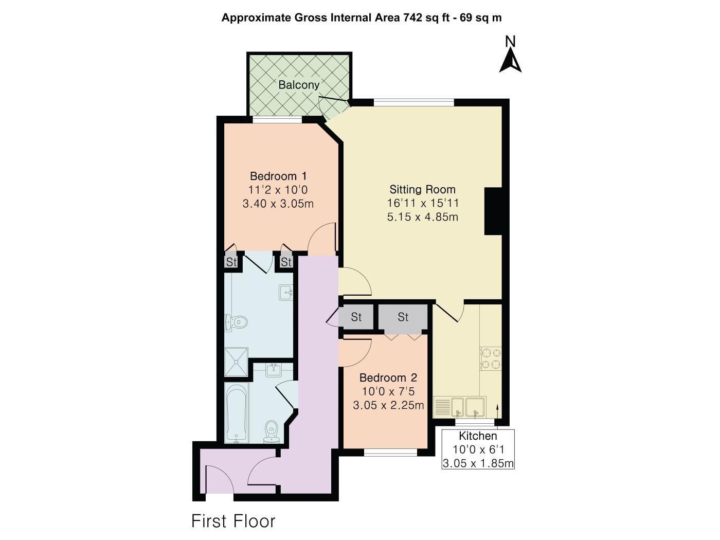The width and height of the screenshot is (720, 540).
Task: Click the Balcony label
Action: point(299,85)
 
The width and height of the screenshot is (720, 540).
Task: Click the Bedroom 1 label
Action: point(278,176)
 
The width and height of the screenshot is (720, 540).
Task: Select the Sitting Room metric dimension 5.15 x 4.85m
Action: point(423,217)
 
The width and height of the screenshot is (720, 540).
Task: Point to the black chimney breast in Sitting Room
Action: point(493,211)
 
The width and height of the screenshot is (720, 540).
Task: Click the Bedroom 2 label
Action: point(388,377)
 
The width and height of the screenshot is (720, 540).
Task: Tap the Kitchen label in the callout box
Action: point(478,436)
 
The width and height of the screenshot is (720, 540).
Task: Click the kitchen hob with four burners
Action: point(491,358)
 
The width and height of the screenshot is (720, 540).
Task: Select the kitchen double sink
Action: point(469,407)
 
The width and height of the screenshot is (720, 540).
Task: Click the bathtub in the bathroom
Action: point(236,414)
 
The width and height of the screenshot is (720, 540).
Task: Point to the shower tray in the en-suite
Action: point(236,362)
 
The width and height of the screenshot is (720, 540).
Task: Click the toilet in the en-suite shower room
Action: point(236,322)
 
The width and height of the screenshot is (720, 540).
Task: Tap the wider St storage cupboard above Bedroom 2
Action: point(403,317)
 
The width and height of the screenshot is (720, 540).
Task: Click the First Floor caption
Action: point(233,521)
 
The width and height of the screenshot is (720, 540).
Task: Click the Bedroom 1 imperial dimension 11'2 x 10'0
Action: point(278,190)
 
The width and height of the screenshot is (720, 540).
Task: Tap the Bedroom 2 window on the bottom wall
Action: point(390,453)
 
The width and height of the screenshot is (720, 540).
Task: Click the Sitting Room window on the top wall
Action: point(414,102)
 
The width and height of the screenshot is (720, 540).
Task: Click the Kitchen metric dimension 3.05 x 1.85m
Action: point(478,463)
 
